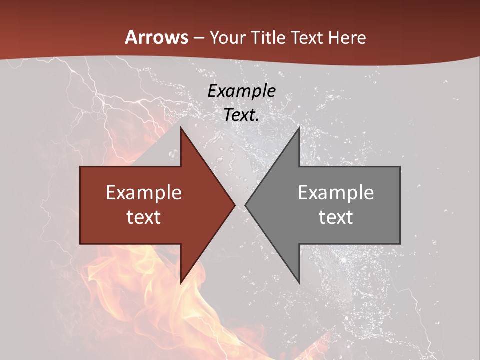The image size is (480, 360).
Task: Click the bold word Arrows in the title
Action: click(x=156, y=37)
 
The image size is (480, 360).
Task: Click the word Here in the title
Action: click(x=347, y=37)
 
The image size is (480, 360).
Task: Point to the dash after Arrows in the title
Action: click(x=198, y=38)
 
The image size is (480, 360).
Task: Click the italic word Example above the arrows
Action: click(x=241, y=91)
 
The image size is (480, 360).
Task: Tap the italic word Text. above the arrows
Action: click(x=241, y=115)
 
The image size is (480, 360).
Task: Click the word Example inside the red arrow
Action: click(x=144, y=192)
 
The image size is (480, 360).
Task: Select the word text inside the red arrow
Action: click(x=144, y=217)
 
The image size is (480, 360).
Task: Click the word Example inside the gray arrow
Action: click(x=336, y=192)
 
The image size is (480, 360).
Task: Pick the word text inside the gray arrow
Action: click(x=336, y=217)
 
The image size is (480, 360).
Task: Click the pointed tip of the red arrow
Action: click(x=235, y=205)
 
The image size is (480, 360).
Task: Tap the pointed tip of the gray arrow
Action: click(x=245, y=205)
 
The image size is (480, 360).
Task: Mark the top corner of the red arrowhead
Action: click(x=181, y=128)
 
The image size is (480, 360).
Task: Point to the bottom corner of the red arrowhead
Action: click(x=181, y=283)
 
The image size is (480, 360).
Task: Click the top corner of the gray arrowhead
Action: click(x=299, y=128)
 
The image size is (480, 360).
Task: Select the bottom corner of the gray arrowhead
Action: click(x=299, y=283)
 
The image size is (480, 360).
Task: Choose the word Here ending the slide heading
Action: click(x=347, y=37)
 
